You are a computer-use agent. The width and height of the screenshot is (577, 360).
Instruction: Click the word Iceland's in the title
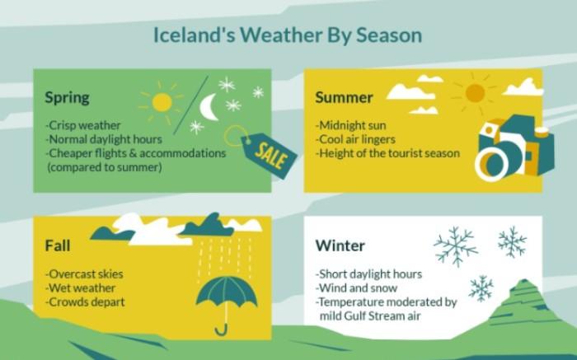click(194, 35)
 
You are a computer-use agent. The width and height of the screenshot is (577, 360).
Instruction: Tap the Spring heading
click(67, 98)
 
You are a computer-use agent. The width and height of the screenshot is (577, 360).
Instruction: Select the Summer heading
click(344, 97)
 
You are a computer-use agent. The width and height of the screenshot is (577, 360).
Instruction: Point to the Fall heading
click(58, 245)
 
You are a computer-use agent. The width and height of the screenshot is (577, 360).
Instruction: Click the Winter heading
click(340, 245)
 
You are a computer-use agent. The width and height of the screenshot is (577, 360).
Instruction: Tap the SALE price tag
click(269, 155)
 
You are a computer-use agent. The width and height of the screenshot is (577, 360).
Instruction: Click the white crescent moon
click(209, 107)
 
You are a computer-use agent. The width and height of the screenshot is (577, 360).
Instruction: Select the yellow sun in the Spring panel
click(162, 102)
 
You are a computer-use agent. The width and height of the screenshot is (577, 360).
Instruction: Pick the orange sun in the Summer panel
click(475, 92)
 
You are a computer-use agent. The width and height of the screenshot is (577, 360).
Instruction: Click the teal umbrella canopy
click(227, 291)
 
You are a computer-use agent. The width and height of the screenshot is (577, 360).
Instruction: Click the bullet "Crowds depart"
click(85, 302)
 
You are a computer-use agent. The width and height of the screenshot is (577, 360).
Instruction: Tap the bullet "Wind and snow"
click(357, 288)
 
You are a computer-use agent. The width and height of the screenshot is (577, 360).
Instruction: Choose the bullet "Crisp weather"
click(82, 125)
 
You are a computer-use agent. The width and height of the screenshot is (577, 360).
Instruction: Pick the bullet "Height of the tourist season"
click(387, 153)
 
